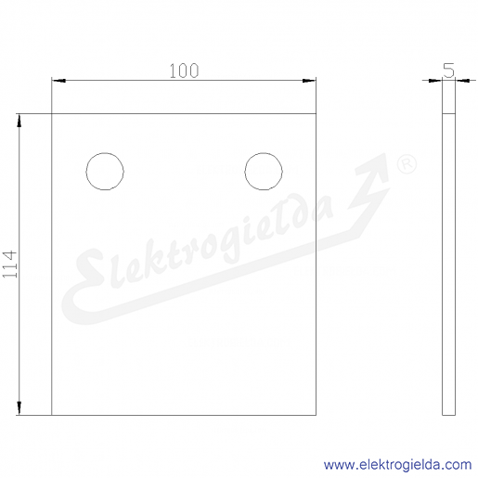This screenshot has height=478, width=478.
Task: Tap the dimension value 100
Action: [184, 71]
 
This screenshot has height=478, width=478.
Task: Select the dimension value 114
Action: [9, 264]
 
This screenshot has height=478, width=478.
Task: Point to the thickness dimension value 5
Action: [448, 71]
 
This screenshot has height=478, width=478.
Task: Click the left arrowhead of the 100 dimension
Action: [58, 81]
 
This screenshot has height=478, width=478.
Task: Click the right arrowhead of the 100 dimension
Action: [309, 81]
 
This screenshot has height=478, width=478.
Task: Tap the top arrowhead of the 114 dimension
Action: [19, 121]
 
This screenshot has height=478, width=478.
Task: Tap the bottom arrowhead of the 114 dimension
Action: [19, 407]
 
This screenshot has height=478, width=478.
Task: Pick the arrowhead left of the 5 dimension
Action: [435, 81]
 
